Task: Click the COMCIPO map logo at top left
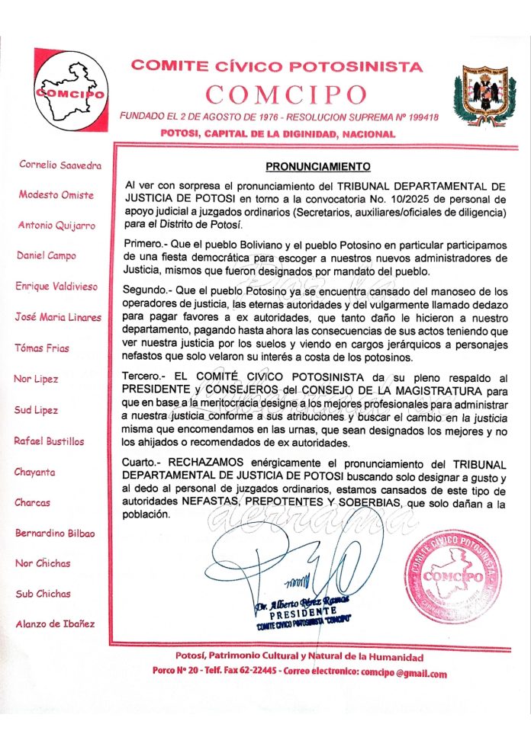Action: click(x=70, y=91)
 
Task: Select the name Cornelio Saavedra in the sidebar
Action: click(x=60, y=164)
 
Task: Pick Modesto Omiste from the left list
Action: click(x=56, y=194)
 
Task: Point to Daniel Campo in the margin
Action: click(x=47, y=255)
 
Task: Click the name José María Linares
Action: click(x=58, y=317)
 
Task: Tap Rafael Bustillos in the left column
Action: click(x=49, y=441)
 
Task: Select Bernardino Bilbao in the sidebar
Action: click(x=55, y=533)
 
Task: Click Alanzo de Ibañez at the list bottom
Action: click(x=55, y=624)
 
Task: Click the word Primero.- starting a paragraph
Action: click(x=143, y=242)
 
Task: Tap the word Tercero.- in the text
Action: click(x=143, y=377)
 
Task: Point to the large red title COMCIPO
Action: click(x=287, y=95)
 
